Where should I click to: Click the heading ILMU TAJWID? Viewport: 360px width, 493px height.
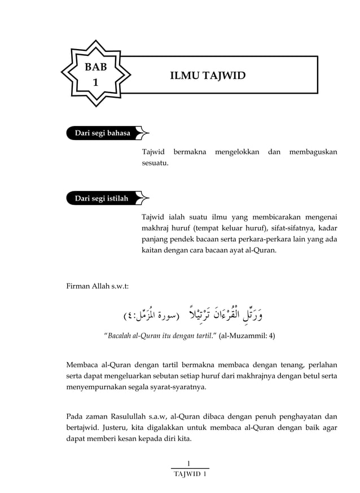pyautogui.click(x=208, y=76)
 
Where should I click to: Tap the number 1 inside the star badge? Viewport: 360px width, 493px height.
pyautogui.click(x=95, y=82)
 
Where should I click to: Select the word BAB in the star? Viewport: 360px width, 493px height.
pyautogui.click(x=95, y=67)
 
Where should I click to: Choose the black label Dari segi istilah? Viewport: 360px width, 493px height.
pyautogui.click(x=102, y=199)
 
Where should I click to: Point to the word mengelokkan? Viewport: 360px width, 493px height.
pyautogui.click(x=236, y=152)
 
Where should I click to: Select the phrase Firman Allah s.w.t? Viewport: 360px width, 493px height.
pyautogui.click(x=97, y=286)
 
